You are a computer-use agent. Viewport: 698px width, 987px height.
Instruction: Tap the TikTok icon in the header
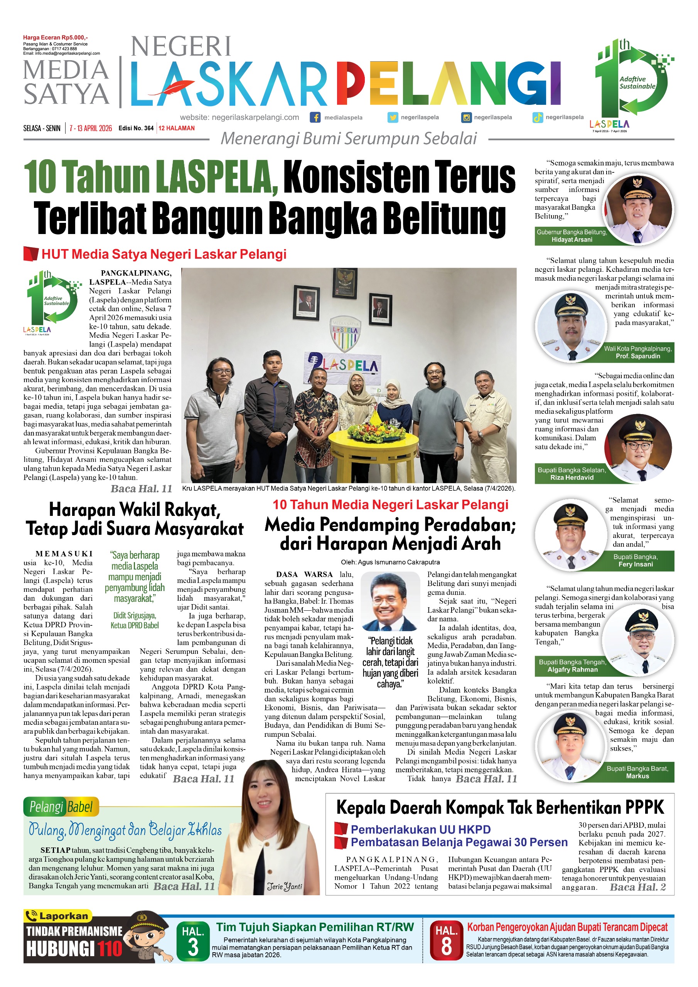[537, 117]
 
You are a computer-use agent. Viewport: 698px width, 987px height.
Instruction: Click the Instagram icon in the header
[466, 117]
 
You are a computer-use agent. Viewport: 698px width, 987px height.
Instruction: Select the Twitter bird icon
[393, 117]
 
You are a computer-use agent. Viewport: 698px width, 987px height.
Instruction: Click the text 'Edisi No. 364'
[136, 128]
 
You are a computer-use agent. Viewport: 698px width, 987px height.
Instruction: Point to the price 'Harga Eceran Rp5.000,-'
[55, 37]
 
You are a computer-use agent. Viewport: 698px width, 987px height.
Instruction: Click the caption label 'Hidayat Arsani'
[572, 239]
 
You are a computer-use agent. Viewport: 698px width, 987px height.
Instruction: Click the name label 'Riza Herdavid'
[572, 477]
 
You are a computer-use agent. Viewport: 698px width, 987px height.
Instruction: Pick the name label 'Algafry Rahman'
[572, 669]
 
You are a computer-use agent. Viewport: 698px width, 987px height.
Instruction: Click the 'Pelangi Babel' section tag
[61, 807]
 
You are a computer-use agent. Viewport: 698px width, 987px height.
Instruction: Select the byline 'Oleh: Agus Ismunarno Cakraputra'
[390, 562]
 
